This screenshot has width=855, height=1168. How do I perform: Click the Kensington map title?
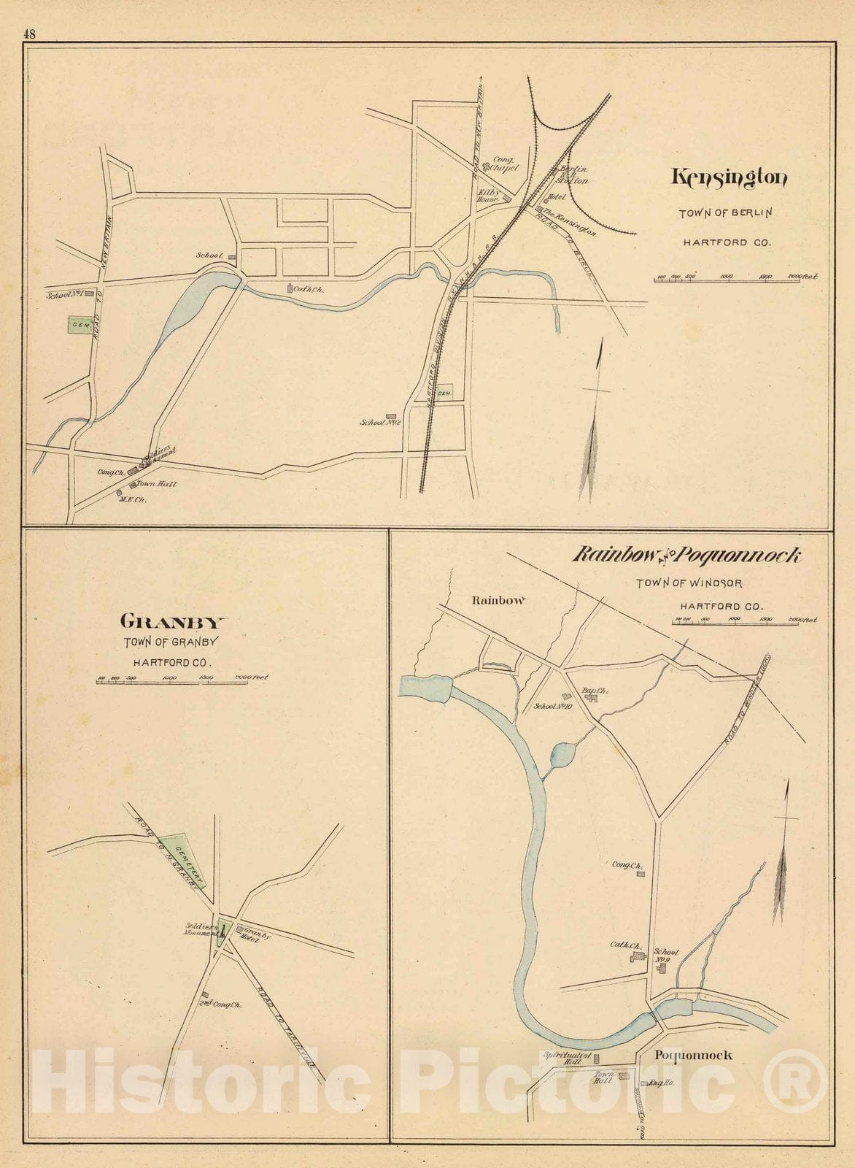point(729,177)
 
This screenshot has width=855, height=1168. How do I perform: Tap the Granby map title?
point(173,622)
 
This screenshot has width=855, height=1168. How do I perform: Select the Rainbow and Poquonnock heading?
point(686,556)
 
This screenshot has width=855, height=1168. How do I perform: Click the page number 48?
point(29,34)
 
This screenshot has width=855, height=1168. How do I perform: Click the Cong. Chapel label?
point(505,164)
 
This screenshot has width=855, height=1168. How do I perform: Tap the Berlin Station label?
point(573,174)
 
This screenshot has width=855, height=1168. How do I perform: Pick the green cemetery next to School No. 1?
point(79,325)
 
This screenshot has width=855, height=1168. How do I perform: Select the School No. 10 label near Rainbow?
point(553,706)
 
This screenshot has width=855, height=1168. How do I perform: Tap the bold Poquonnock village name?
point(692,1056)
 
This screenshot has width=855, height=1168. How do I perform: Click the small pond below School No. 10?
point(560,756)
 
